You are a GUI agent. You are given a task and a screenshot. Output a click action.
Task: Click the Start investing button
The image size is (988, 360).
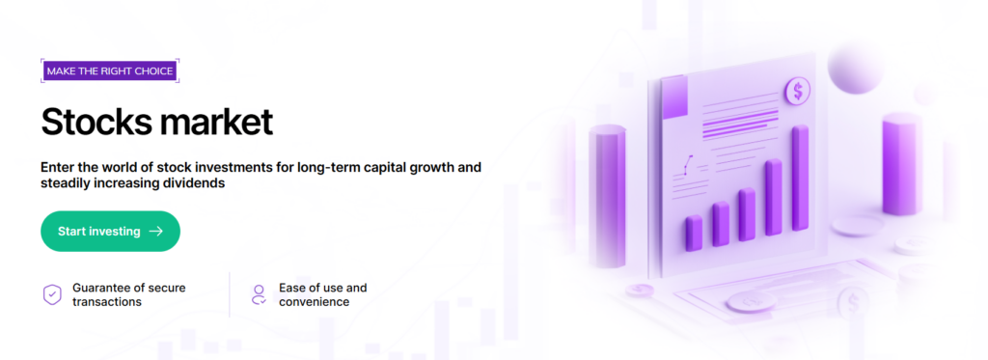pyautogui.click(x=110, y=232)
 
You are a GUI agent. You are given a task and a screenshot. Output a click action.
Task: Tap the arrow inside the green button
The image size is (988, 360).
pyautogui.click(x=155, y=232)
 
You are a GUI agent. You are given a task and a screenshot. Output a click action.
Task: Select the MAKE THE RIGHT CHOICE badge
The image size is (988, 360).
pyautogui.click(x=110, y=71)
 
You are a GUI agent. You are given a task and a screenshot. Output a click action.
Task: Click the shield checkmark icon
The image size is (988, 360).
pyautogui.click(x=52, y=294)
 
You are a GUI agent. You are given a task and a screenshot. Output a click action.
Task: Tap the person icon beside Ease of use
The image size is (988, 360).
pyautogui.click(x=259, y=294)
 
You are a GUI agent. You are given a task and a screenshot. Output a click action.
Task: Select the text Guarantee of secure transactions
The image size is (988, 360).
pyautogui.click(x=129, y=294)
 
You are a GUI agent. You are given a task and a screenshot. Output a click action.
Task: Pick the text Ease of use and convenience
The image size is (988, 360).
pyautogui.click(x=322, y=294)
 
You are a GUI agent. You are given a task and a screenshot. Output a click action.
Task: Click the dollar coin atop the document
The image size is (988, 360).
pyautogui.click(x=798, y=92)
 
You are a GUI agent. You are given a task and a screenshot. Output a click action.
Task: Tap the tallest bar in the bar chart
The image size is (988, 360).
pyautogui.click(x=800, y=178)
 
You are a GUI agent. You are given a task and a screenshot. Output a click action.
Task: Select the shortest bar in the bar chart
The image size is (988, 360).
pyautogui.click(x=694, y=233)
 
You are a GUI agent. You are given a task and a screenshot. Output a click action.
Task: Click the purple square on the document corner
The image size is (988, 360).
pyautogui.click(x=673, y=97)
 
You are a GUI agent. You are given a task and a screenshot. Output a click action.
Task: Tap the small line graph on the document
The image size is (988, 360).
pyautogui.click(x=687, y=165)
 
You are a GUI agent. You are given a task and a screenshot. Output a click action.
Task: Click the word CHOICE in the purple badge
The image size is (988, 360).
pyautogui.click(x=154, y=71)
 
